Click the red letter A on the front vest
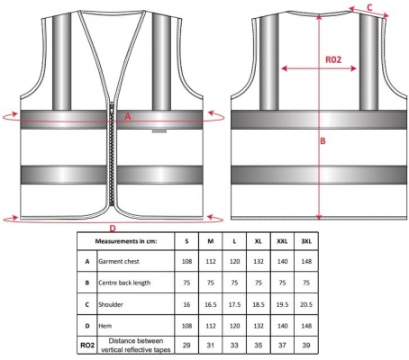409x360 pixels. coord(128,116)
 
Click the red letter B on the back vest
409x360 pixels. coord(323,140)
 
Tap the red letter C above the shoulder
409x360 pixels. coord(369,7)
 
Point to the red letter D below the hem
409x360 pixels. coord(112,229)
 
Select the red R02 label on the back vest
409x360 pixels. coord(333,59)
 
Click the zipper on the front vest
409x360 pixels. coord(112,154)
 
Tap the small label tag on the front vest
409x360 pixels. coord(159,131)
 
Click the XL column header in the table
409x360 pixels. coord(259,241)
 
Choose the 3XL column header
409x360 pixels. coord(306,241)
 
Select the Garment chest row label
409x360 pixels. coord(119,261)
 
